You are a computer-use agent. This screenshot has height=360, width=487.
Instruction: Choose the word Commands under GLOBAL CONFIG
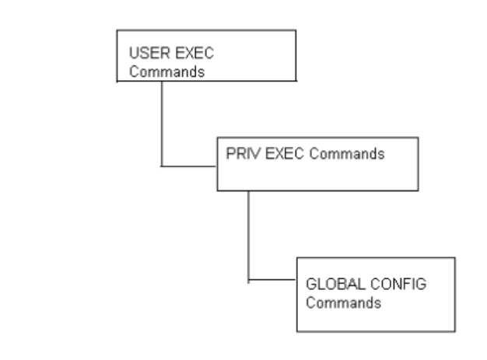click(331, 302)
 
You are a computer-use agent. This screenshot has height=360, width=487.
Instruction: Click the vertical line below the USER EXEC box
click(161, 124)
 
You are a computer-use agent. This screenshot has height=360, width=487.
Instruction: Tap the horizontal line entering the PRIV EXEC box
click(188, 166)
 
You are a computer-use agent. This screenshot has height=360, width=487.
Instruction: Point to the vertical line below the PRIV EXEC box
click(247, 233)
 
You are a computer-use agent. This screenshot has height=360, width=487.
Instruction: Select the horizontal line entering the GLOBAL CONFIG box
click(272, 278)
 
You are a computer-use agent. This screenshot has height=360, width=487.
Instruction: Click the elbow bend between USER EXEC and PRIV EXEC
click(161, 166)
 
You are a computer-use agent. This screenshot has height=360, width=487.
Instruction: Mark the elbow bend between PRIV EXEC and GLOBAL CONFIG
click(247, 278)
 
